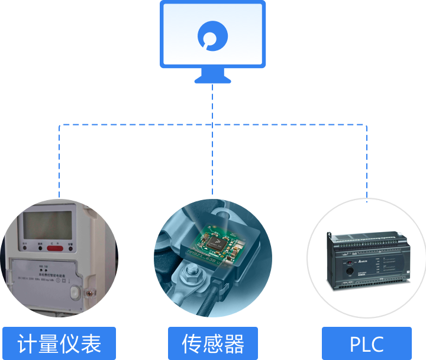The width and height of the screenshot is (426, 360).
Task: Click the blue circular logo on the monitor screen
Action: coord(212,37)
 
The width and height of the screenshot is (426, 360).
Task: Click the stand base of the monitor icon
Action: coord(212,79)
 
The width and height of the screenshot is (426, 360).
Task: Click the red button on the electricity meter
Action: coord(56,248)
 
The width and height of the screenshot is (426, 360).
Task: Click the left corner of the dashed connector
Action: coord(59,125)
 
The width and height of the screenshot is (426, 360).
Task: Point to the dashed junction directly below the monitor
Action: coord(212,125)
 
